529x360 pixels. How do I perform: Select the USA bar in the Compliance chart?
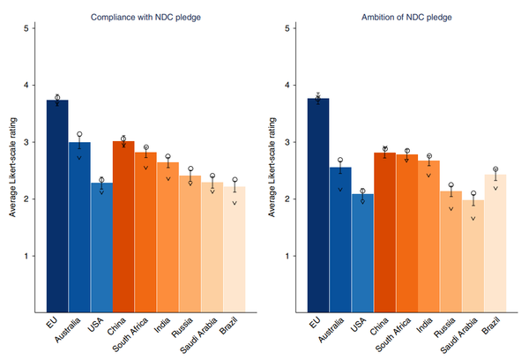101,246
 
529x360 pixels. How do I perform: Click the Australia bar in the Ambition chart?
341,238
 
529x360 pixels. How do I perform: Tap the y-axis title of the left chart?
12,168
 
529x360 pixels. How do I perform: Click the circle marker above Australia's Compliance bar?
79,135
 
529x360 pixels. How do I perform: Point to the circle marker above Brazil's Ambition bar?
495,169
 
